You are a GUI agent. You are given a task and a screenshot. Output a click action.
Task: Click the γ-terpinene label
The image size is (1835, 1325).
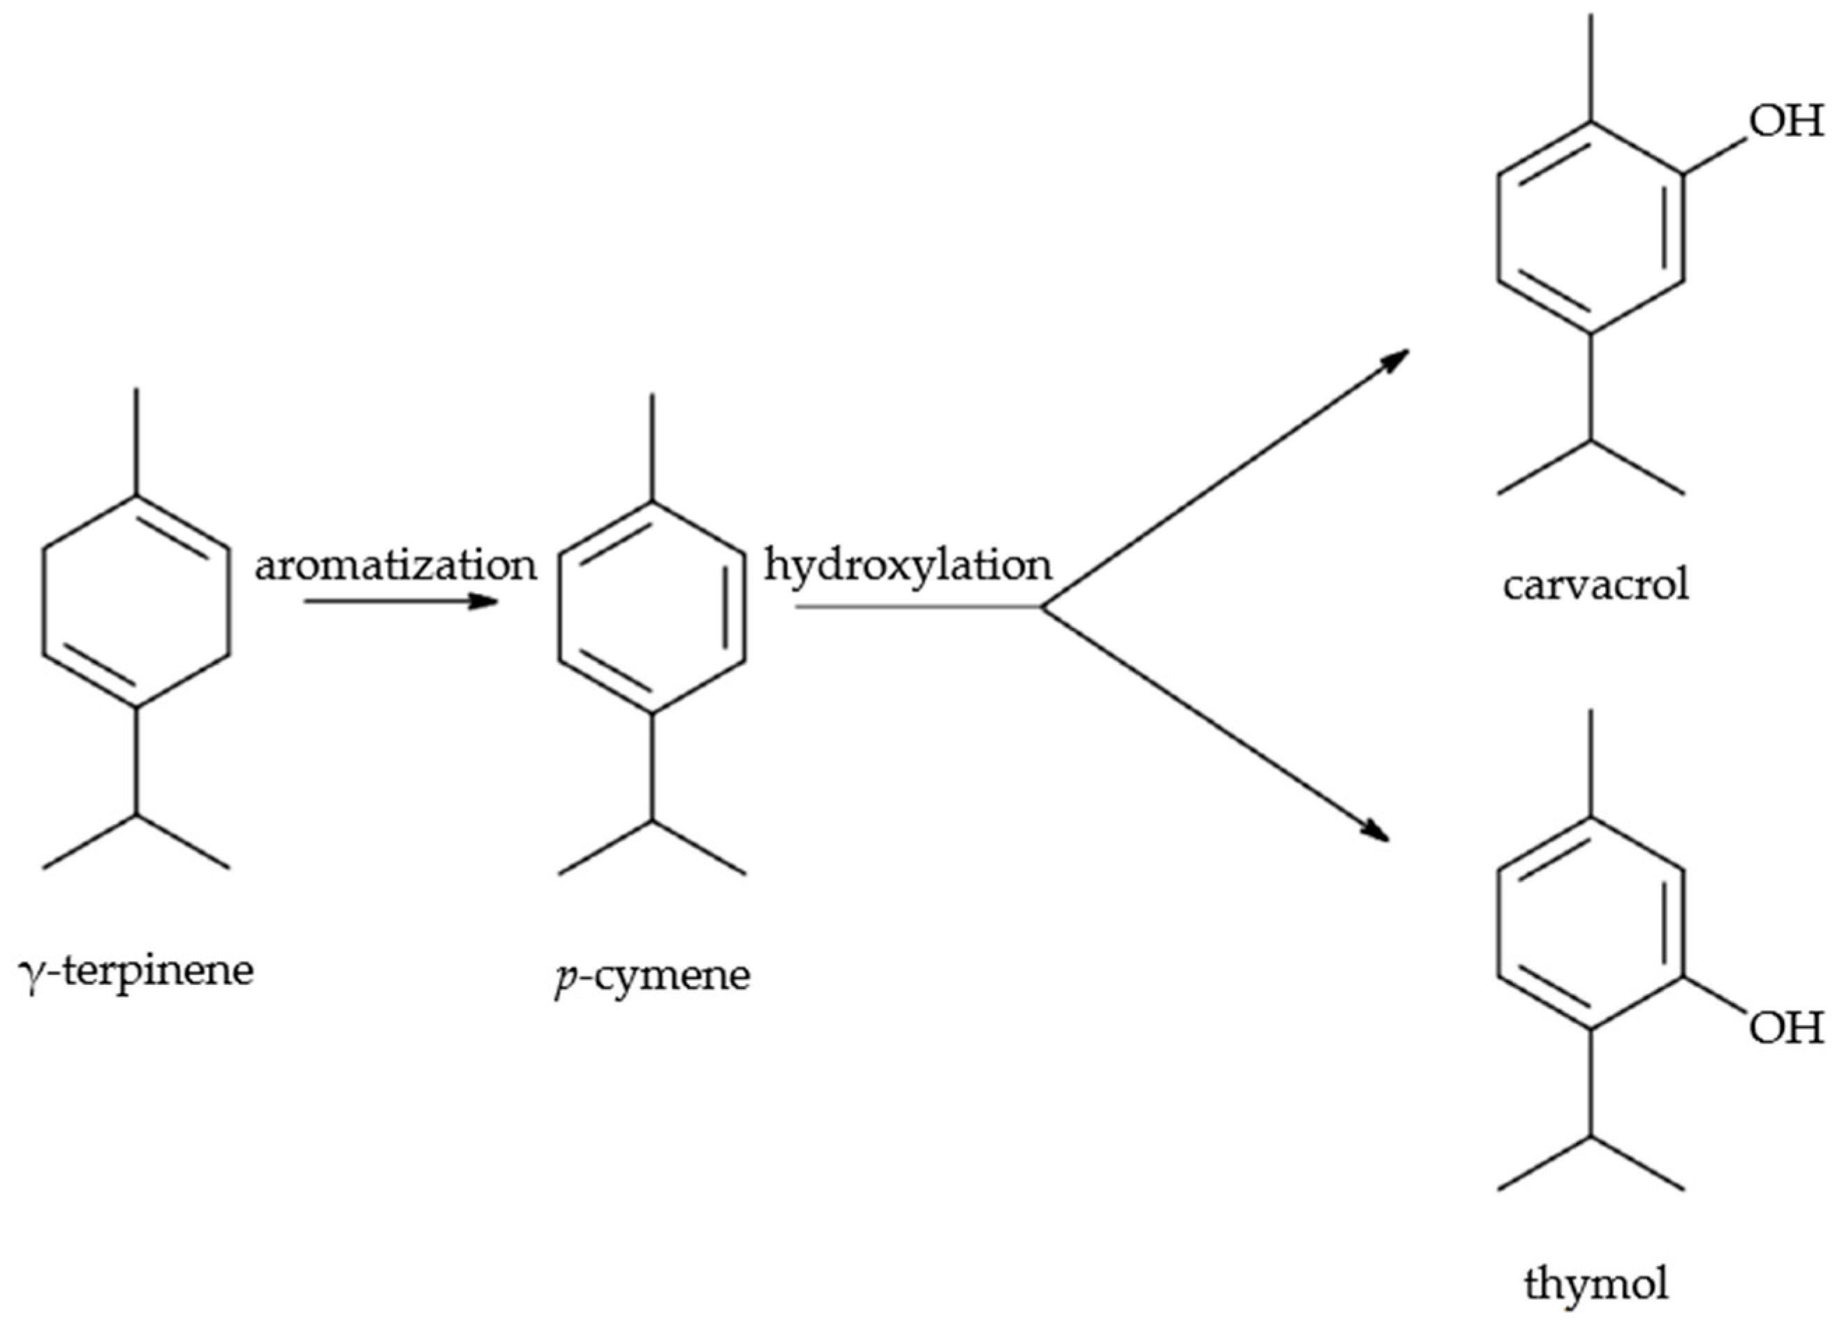[136, 970]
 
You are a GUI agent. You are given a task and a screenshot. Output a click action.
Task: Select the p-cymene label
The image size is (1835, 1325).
[652, 975]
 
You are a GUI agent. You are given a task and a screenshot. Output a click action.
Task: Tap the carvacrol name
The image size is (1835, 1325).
[1596, 585]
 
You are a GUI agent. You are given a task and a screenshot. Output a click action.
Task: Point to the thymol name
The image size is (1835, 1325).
[1596, 1284]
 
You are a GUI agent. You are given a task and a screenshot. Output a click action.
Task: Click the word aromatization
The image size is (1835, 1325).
[396, 565]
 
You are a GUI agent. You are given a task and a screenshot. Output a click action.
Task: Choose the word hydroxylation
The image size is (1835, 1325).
[908, 565]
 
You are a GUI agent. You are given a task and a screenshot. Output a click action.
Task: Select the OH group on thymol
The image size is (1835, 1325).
[1785, 1030]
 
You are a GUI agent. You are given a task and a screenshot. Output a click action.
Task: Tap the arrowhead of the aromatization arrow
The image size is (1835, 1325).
[486, 601]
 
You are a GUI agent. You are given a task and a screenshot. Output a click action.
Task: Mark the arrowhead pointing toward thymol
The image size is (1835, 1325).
[1376, 832]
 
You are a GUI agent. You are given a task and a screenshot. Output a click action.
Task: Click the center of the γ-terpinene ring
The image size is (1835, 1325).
[136, 601]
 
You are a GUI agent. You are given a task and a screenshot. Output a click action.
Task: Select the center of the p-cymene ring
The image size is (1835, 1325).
[652, 607]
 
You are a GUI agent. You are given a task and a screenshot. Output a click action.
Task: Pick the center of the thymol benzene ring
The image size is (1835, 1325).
[1591, 923]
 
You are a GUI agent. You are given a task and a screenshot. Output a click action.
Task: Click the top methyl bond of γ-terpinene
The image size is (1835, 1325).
[136, 441]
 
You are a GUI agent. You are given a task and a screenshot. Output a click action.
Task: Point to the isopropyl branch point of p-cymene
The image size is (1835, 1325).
[652, 821]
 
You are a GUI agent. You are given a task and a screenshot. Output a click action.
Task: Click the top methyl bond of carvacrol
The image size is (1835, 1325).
[1591, 69]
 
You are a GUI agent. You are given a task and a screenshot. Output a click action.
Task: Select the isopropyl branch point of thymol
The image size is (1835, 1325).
[1591, 1136]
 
